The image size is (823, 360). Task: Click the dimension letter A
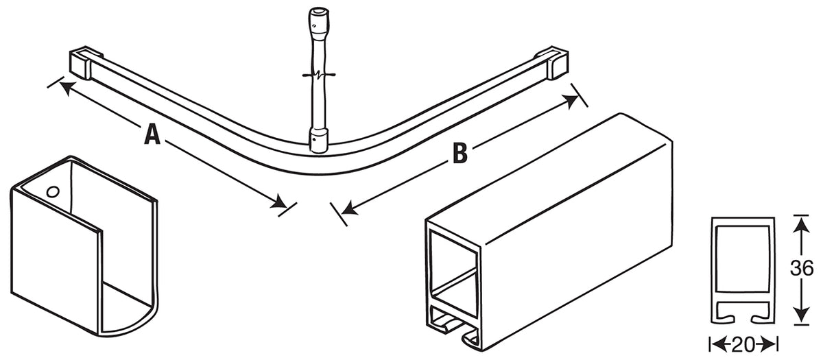coord(152,134)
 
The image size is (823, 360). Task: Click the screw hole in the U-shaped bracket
coord(51,191)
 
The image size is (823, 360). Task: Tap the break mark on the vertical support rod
coord(317,74)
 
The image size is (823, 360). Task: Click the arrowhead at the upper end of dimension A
coord(63,87)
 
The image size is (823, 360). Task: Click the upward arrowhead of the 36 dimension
coord(798,221)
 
